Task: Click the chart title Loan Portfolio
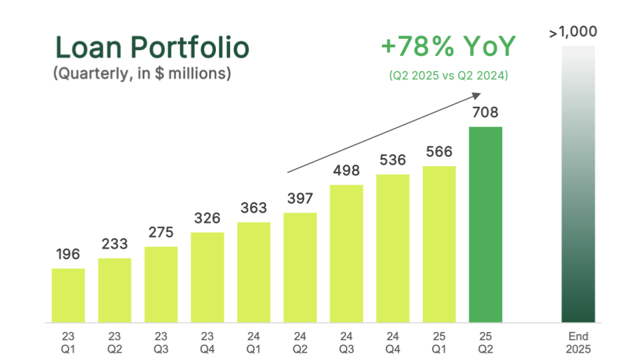click(152, 48)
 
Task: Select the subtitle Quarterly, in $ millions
click(142, 73)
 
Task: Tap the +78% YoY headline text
click(448, 47)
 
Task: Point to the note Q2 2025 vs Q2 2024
click(448, 76)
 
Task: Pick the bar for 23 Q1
click(68, 295)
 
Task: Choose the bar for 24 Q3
click(347, 253)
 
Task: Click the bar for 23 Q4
click(207, 277)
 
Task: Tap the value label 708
click(485, 113)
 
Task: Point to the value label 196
click(68, 254)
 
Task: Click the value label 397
click(300, 199)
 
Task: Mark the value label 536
click(393, 160)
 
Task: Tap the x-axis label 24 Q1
click(253, 342)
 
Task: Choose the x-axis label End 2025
click(578, 342)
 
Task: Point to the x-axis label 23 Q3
click(161, 342)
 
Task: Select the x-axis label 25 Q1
click(439, 342)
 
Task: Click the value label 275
click(161, 233)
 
